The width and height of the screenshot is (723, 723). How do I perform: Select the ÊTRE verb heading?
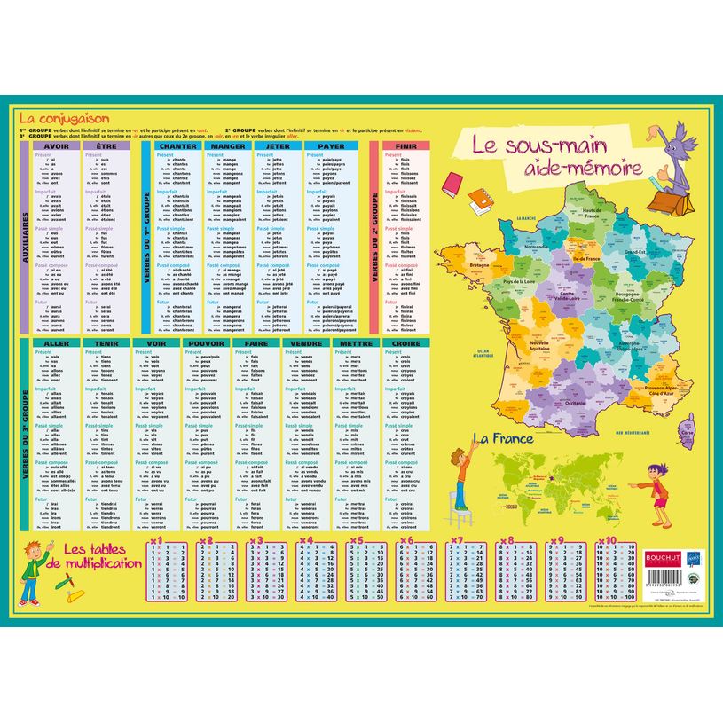coord(106,146)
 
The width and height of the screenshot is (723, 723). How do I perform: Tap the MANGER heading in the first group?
coord(227,146)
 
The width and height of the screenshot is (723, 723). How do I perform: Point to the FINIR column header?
coord(405,146)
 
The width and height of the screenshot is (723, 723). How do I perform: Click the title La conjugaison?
coord(64,117)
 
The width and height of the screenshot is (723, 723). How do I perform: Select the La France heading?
coord(502,437)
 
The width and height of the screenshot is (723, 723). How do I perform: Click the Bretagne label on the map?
coord(480,265)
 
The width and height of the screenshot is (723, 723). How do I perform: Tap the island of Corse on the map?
coord(686,434)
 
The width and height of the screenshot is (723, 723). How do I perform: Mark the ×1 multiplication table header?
coord(157,538)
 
